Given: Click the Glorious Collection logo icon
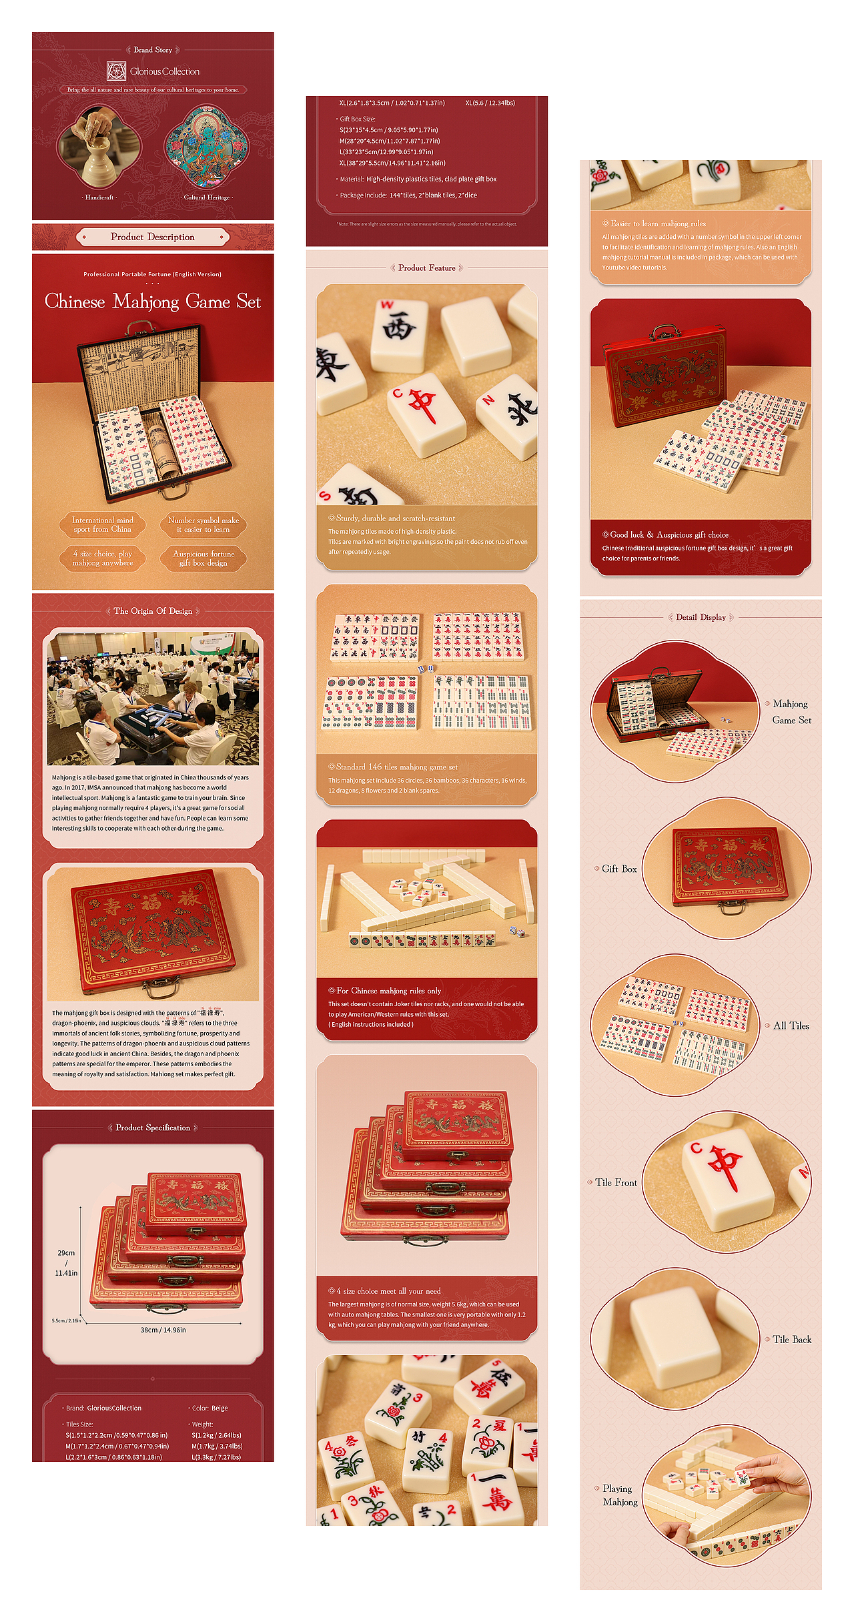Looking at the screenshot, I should (116, 71).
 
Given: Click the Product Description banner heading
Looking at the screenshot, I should (153, 237).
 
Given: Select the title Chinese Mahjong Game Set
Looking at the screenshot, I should (153, 302).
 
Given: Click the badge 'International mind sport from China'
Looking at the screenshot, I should (103, 524).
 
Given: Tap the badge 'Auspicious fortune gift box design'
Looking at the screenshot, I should (203, 558).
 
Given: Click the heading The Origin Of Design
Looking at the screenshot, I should (153, 611).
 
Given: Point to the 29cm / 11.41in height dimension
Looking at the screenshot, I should (66, 1262).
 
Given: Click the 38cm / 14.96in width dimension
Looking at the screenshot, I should (163, 1330).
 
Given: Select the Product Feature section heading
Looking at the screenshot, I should (427, 268).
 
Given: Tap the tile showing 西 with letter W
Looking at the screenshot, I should (400, 334).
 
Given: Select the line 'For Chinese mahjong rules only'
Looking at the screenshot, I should (388, 991).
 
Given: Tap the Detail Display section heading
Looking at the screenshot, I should (701, 617).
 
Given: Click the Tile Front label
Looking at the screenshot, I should (616, 1182).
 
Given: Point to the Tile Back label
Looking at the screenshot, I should (792, 1339).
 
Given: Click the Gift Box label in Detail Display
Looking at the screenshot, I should (619, 869).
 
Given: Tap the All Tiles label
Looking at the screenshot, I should (791, 1026).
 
